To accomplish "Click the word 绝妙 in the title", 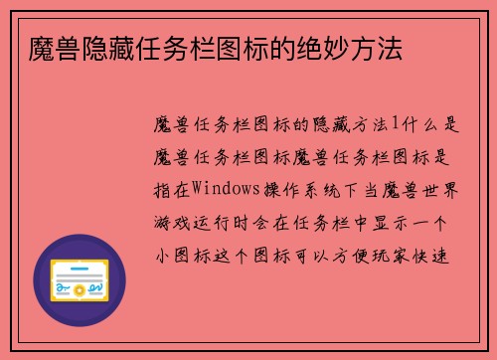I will [311, 49].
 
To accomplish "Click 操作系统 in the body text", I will [297, 186].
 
